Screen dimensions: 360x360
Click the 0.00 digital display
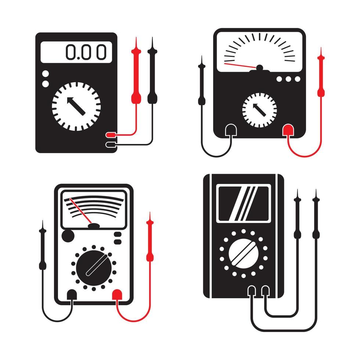point(76,51)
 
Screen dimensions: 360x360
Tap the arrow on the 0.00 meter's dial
point(76,107)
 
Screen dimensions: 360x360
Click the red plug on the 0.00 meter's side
point(111,135)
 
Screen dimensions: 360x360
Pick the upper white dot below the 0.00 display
point(45,75)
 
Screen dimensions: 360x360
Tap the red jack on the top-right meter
point(287,130)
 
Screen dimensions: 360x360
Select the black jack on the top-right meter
point(231,130)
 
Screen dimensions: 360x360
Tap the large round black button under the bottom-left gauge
point(67,236)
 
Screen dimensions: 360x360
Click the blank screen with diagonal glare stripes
point(243,203)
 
